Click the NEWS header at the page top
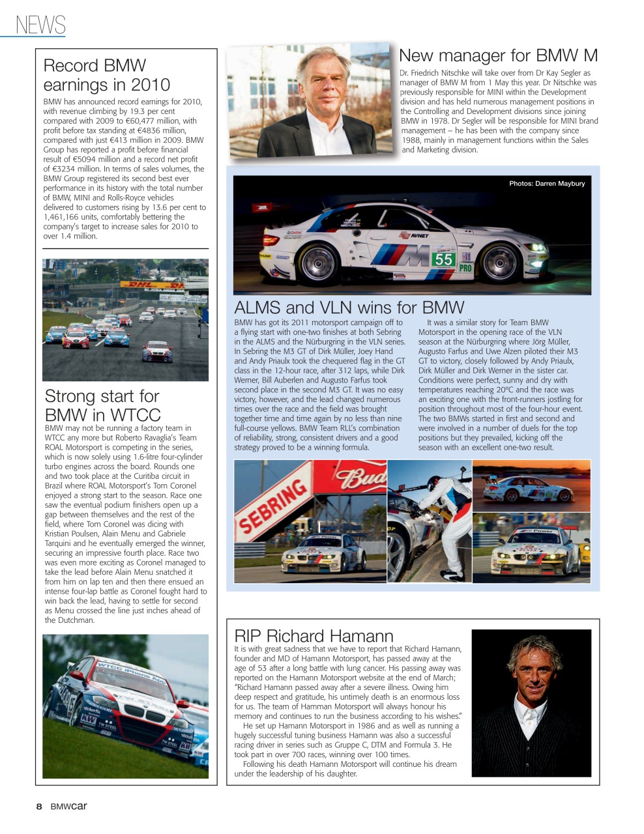(x=40, y=25)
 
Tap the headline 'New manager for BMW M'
(x=498, y=55)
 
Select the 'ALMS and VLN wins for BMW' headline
(x=349, y=308)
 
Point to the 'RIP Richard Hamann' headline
(x=314, y=636)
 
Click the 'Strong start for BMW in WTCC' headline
(x=102, y=405)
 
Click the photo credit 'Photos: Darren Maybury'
(x=547, y=184)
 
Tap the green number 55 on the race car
(x=443, y=259)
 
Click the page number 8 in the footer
(x=39, y=807)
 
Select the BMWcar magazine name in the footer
(x=69, y=807)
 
